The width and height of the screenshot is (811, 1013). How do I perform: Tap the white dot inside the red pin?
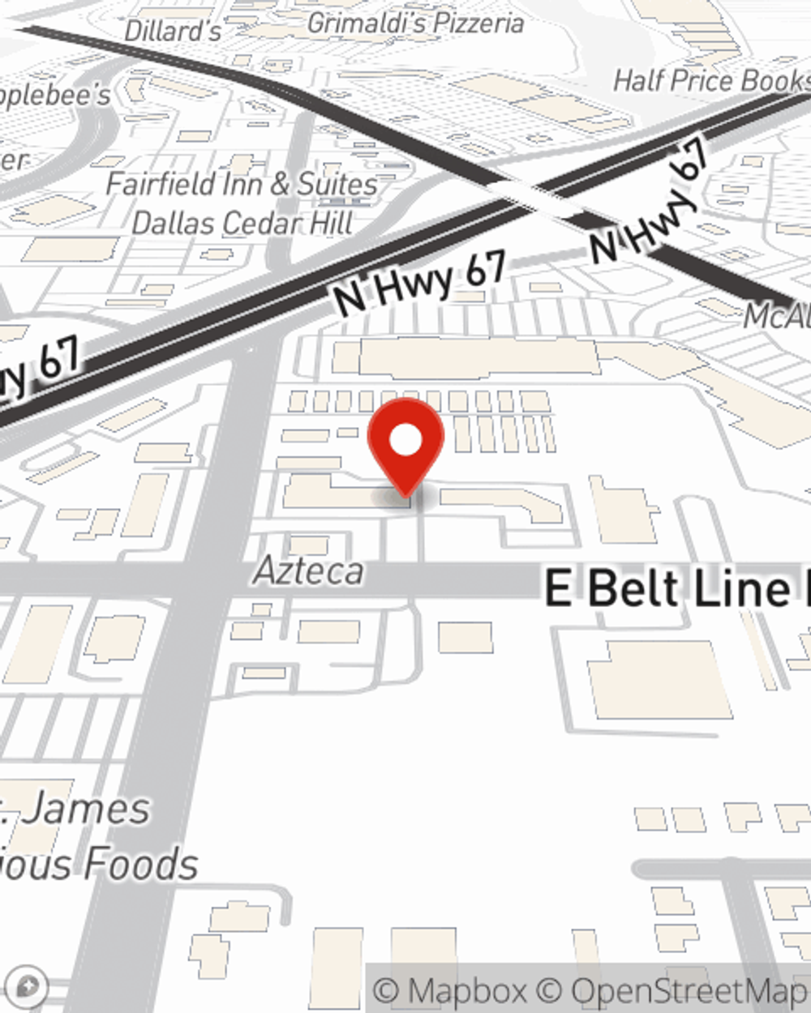tap(405, 441)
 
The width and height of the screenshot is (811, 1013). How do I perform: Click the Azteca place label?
tap(309, 571)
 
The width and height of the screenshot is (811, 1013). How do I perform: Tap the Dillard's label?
tap(173, 32)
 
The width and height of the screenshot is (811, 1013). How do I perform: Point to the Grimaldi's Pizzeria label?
tap(415, 24)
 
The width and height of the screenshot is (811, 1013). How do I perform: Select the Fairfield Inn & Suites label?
tap(242, 184)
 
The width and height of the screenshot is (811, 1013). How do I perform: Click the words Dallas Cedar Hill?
tap(242, 223)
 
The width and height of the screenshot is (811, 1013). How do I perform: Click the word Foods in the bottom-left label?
tap(141, 864)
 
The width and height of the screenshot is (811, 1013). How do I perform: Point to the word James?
tap(85, 809)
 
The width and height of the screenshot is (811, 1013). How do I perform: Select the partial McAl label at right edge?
tap(777, 316)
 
